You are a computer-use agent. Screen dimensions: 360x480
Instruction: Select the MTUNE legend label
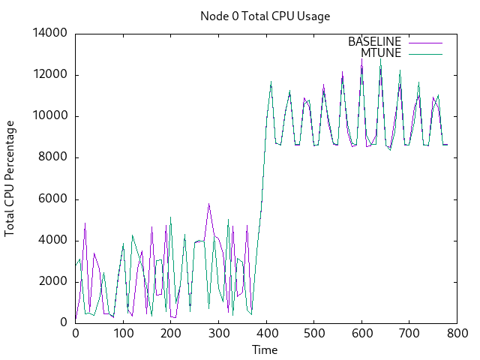point(381,53)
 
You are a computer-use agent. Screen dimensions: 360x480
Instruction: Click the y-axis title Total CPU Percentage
point(10,178)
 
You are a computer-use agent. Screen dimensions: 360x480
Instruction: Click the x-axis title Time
point(265,349)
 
